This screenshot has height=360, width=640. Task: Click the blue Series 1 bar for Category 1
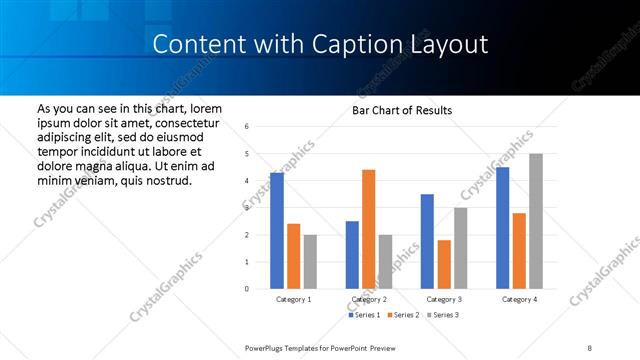point(277,231)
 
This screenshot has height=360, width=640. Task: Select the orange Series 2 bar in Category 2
point(368,229)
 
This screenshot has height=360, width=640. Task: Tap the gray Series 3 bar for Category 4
point(536,221)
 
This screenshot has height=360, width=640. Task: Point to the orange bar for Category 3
point(443,264)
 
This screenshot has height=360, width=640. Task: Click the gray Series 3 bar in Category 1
point(310,262)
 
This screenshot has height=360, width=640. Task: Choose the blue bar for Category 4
point(502,228)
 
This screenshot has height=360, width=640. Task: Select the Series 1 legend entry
point(364,315)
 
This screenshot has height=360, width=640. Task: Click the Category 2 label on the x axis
point(369,299)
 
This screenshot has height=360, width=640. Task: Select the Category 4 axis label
point(519,299)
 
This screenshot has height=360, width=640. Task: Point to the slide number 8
point(590,347)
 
